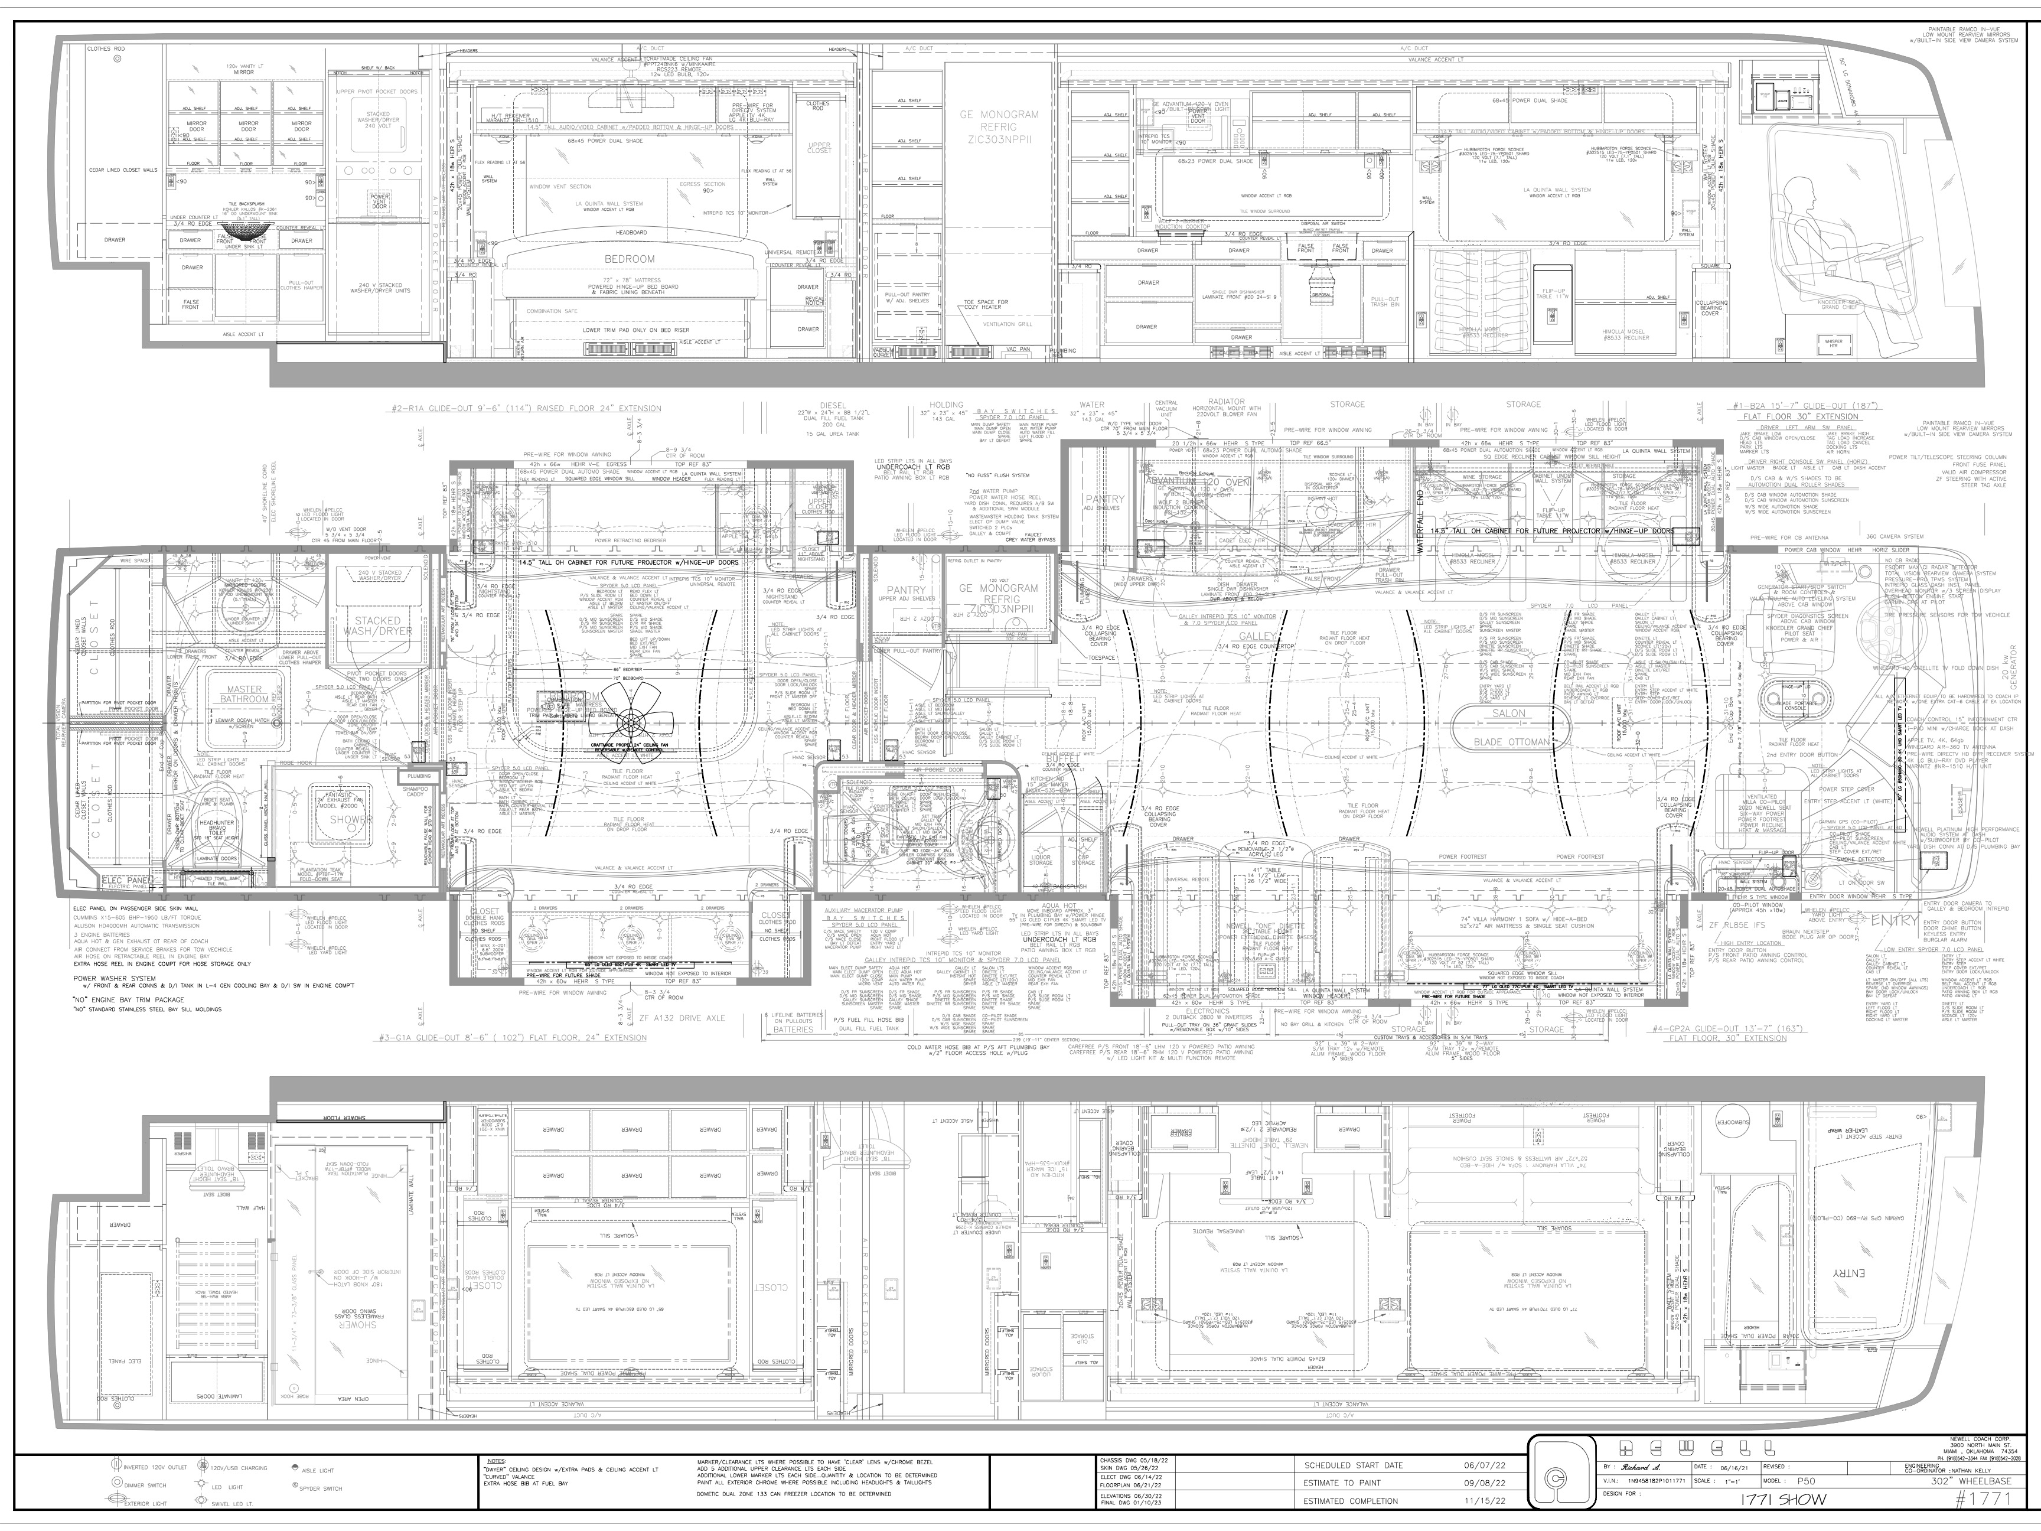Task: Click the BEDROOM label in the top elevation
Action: coord(630,259)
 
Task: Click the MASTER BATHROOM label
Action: coord(244,694)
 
